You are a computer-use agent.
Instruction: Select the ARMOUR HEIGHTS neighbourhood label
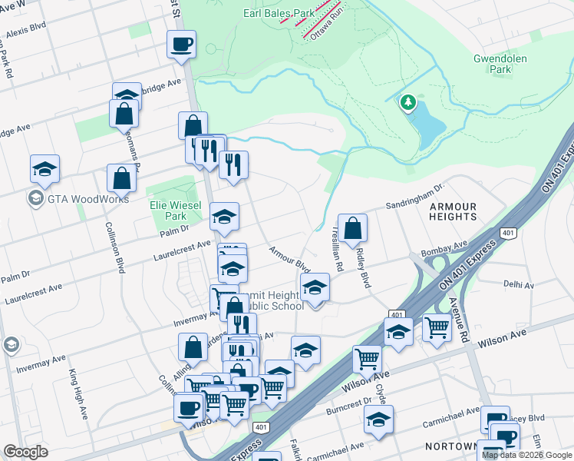click(x=453, y=211)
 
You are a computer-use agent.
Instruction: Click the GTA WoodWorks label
click(x=79, y=199)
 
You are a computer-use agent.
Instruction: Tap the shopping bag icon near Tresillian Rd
click(x=352, y=228)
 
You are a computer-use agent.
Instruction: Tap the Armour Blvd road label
click(x=289, y=260)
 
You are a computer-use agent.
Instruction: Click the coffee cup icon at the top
click(x=181, y=44)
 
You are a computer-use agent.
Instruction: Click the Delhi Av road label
click(x=519, y=284)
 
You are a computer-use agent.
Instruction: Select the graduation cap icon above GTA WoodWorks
click(x=45, y=169)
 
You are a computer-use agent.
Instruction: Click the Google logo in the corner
click(x=26, y=451)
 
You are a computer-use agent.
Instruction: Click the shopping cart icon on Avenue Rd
click(x=437, y=327)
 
